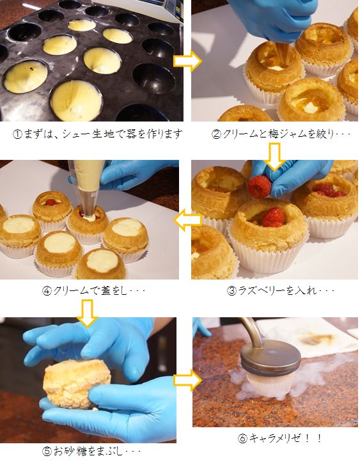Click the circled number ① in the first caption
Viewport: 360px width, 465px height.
17,134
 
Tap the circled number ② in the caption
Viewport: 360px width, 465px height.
216,134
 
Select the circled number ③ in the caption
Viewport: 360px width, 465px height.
231,290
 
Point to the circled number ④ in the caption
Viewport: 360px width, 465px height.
47,291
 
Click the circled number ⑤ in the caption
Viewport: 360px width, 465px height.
47,451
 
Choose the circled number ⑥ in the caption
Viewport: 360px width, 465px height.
242,438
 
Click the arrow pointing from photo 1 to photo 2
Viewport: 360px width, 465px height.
187,61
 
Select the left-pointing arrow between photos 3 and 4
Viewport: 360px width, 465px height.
187,220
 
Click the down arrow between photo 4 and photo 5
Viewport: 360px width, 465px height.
87,313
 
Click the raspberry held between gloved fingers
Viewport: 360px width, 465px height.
259,187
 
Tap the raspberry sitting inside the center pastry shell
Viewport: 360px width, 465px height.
274,217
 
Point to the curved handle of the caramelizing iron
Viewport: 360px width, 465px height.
253,331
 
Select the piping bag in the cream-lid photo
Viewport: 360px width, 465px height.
86,185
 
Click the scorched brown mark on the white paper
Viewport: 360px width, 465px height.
320,339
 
